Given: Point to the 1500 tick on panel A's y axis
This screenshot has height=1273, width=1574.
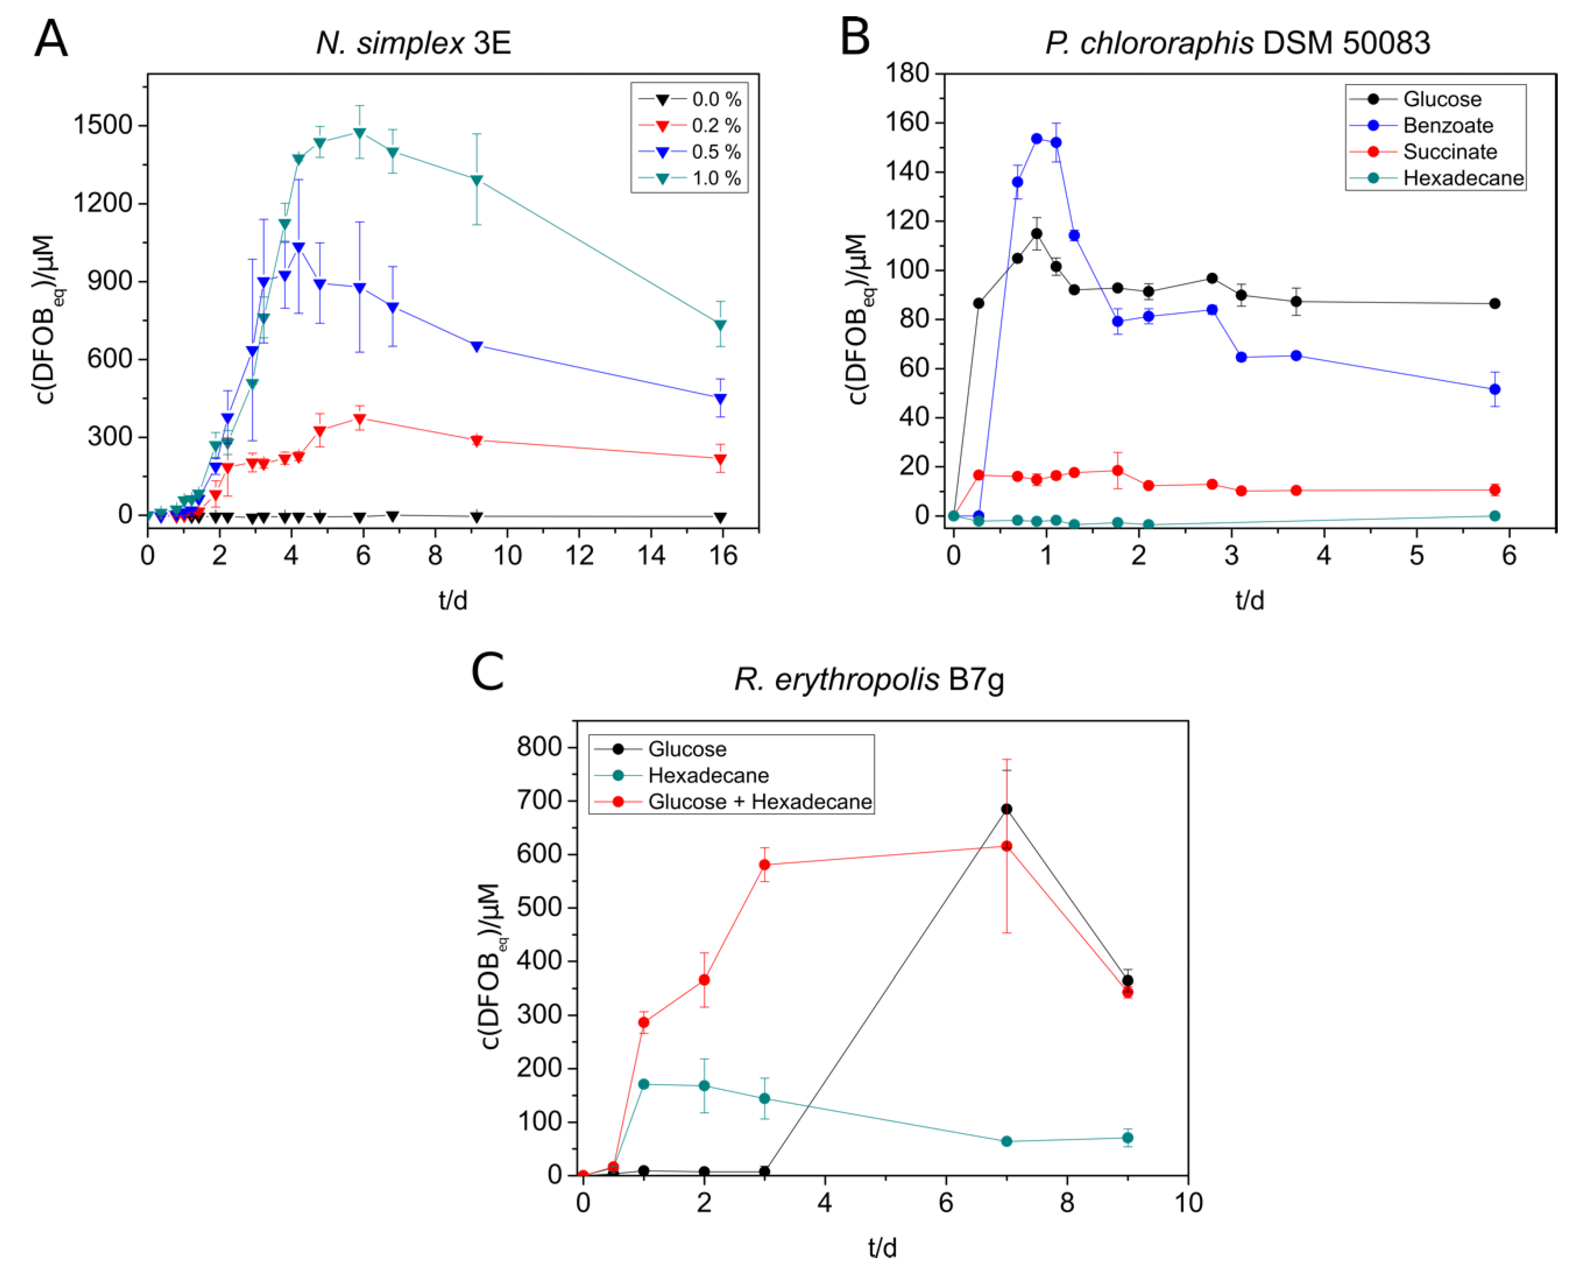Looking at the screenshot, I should point(103,126).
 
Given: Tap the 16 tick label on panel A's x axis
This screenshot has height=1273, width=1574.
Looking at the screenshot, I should point(722,556).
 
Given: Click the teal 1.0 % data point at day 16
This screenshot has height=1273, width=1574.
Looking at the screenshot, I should point(721,324).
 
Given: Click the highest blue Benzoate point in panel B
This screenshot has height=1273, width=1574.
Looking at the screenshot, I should point(1037,139).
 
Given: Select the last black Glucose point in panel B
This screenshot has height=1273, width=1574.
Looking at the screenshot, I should point(1495,304).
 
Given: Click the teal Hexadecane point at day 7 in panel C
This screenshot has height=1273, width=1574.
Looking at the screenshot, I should point(1007,1141).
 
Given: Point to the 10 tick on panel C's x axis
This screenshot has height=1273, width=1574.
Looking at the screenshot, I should point(1188,1203).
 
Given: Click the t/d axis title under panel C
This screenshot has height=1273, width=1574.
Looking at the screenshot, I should point(882,1246).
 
